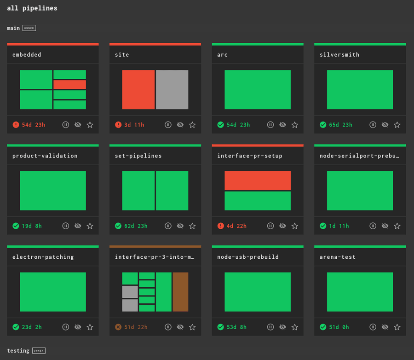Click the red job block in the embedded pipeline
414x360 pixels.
tap(69, 85)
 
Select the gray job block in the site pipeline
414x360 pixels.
tap(172, 90)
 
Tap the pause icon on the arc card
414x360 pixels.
tap(270, 125)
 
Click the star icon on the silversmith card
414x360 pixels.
tap(397, 125)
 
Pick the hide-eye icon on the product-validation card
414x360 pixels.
tap(78, 226)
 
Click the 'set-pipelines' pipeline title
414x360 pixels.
tap(138, 156)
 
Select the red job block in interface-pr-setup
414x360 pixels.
tap(258, 180)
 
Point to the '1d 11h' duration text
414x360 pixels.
tap(339, 226)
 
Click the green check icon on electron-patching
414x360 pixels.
tap(16, 327)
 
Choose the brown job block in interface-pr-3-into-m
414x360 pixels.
tap(180, 292)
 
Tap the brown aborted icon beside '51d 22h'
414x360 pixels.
tap(118, 327)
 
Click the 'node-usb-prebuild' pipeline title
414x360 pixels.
tap(248, 257)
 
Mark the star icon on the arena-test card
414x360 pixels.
tap(397, 327)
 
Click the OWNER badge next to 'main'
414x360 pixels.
tap(29, 28)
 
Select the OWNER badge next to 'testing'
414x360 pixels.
tap(39, 351)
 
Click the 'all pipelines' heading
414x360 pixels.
tap(32, 8)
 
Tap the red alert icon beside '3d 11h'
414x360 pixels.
tap(118, 125)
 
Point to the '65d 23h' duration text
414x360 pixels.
tap(341, 125)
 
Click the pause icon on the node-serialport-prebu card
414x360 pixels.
tap(373, 226)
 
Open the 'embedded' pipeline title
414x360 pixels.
tap(27, 54)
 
